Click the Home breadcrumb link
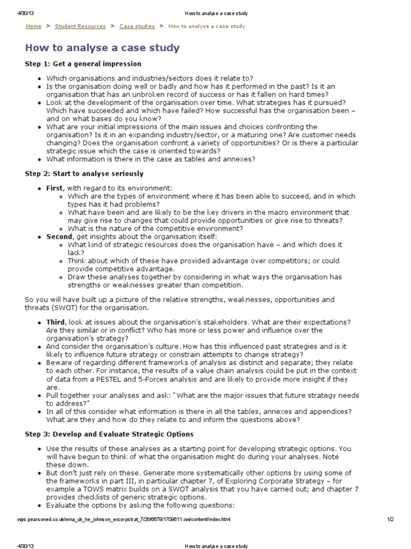[33, 26]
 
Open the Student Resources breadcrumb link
[79, 26]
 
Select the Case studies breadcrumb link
[137, 26]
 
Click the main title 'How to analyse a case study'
[102, 48]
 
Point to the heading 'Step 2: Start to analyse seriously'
[84, 174]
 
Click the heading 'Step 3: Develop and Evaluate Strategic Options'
[109, 434]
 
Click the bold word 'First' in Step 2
[54, 188]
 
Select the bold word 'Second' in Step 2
[59, 236]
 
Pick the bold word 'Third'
[56, 322]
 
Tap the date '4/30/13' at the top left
[20, 13]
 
